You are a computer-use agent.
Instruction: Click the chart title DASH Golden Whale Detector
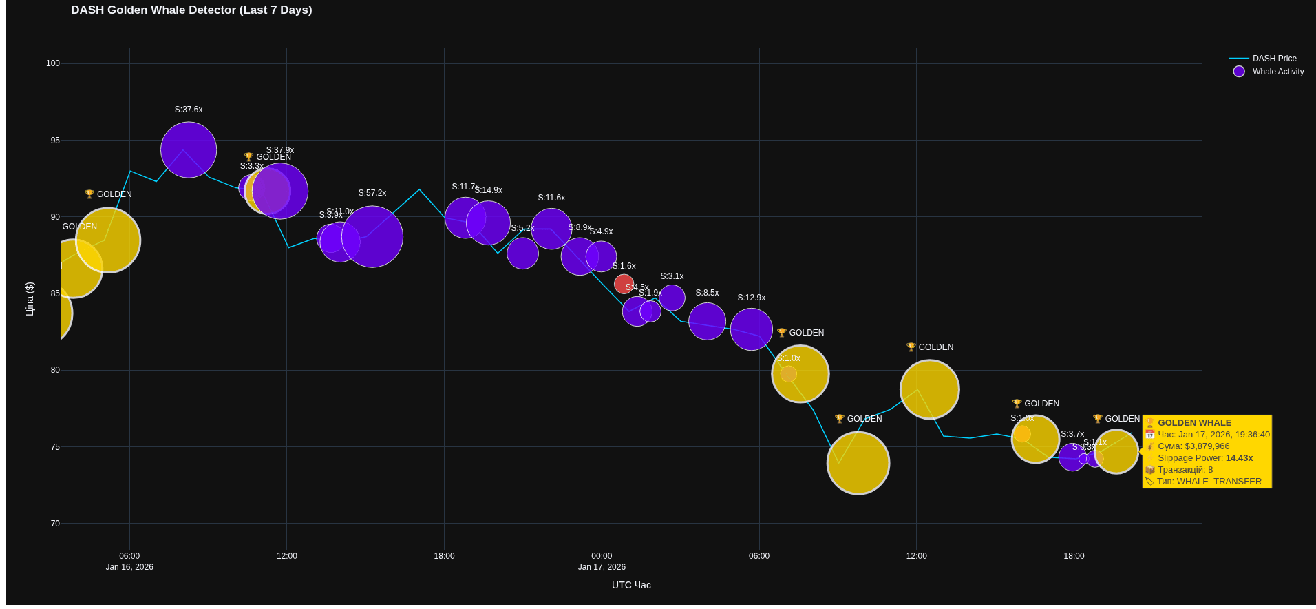pos(191,10)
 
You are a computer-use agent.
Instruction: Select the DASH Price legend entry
pos(1273,59)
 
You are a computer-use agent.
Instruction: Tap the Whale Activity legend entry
pos(1277,72)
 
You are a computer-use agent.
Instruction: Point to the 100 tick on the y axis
pos(53,63)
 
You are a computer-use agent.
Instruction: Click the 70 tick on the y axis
pos(55,524)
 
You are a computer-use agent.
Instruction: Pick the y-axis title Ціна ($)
pos(30,299)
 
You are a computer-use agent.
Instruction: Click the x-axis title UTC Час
pos(631,585)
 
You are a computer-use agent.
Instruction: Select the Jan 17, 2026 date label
pos(602,567)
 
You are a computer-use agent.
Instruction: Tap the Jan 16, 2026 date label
pos(129,567)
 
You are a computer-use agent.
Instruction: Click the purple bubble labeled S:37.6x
pos(189,149)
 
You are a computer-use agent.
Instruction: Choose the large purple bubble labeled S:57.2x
pos(372,236)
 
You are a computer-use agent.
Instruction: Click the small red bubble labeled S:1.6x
pos(624,284)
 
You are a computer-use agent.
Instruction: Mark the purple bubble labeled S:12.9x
pos(751,329)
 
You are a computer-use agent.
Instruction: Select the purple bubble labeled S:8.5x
pos(707,321)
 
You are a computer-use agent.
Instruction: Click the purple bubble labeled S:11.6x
pos(551,229)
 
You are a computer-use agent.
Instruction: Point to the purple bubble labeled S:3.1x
pos(672,298)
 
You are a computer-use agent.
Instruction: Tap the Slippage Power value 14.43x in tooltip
pos(1239,458)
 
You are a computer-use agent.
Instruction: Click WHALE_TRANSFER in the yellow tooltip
pos(1219,482)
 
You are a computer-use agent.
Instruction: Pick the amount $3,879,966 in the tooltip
pos(1207,446)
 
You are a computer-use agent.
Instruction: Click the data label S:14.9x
pos(489,190)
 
